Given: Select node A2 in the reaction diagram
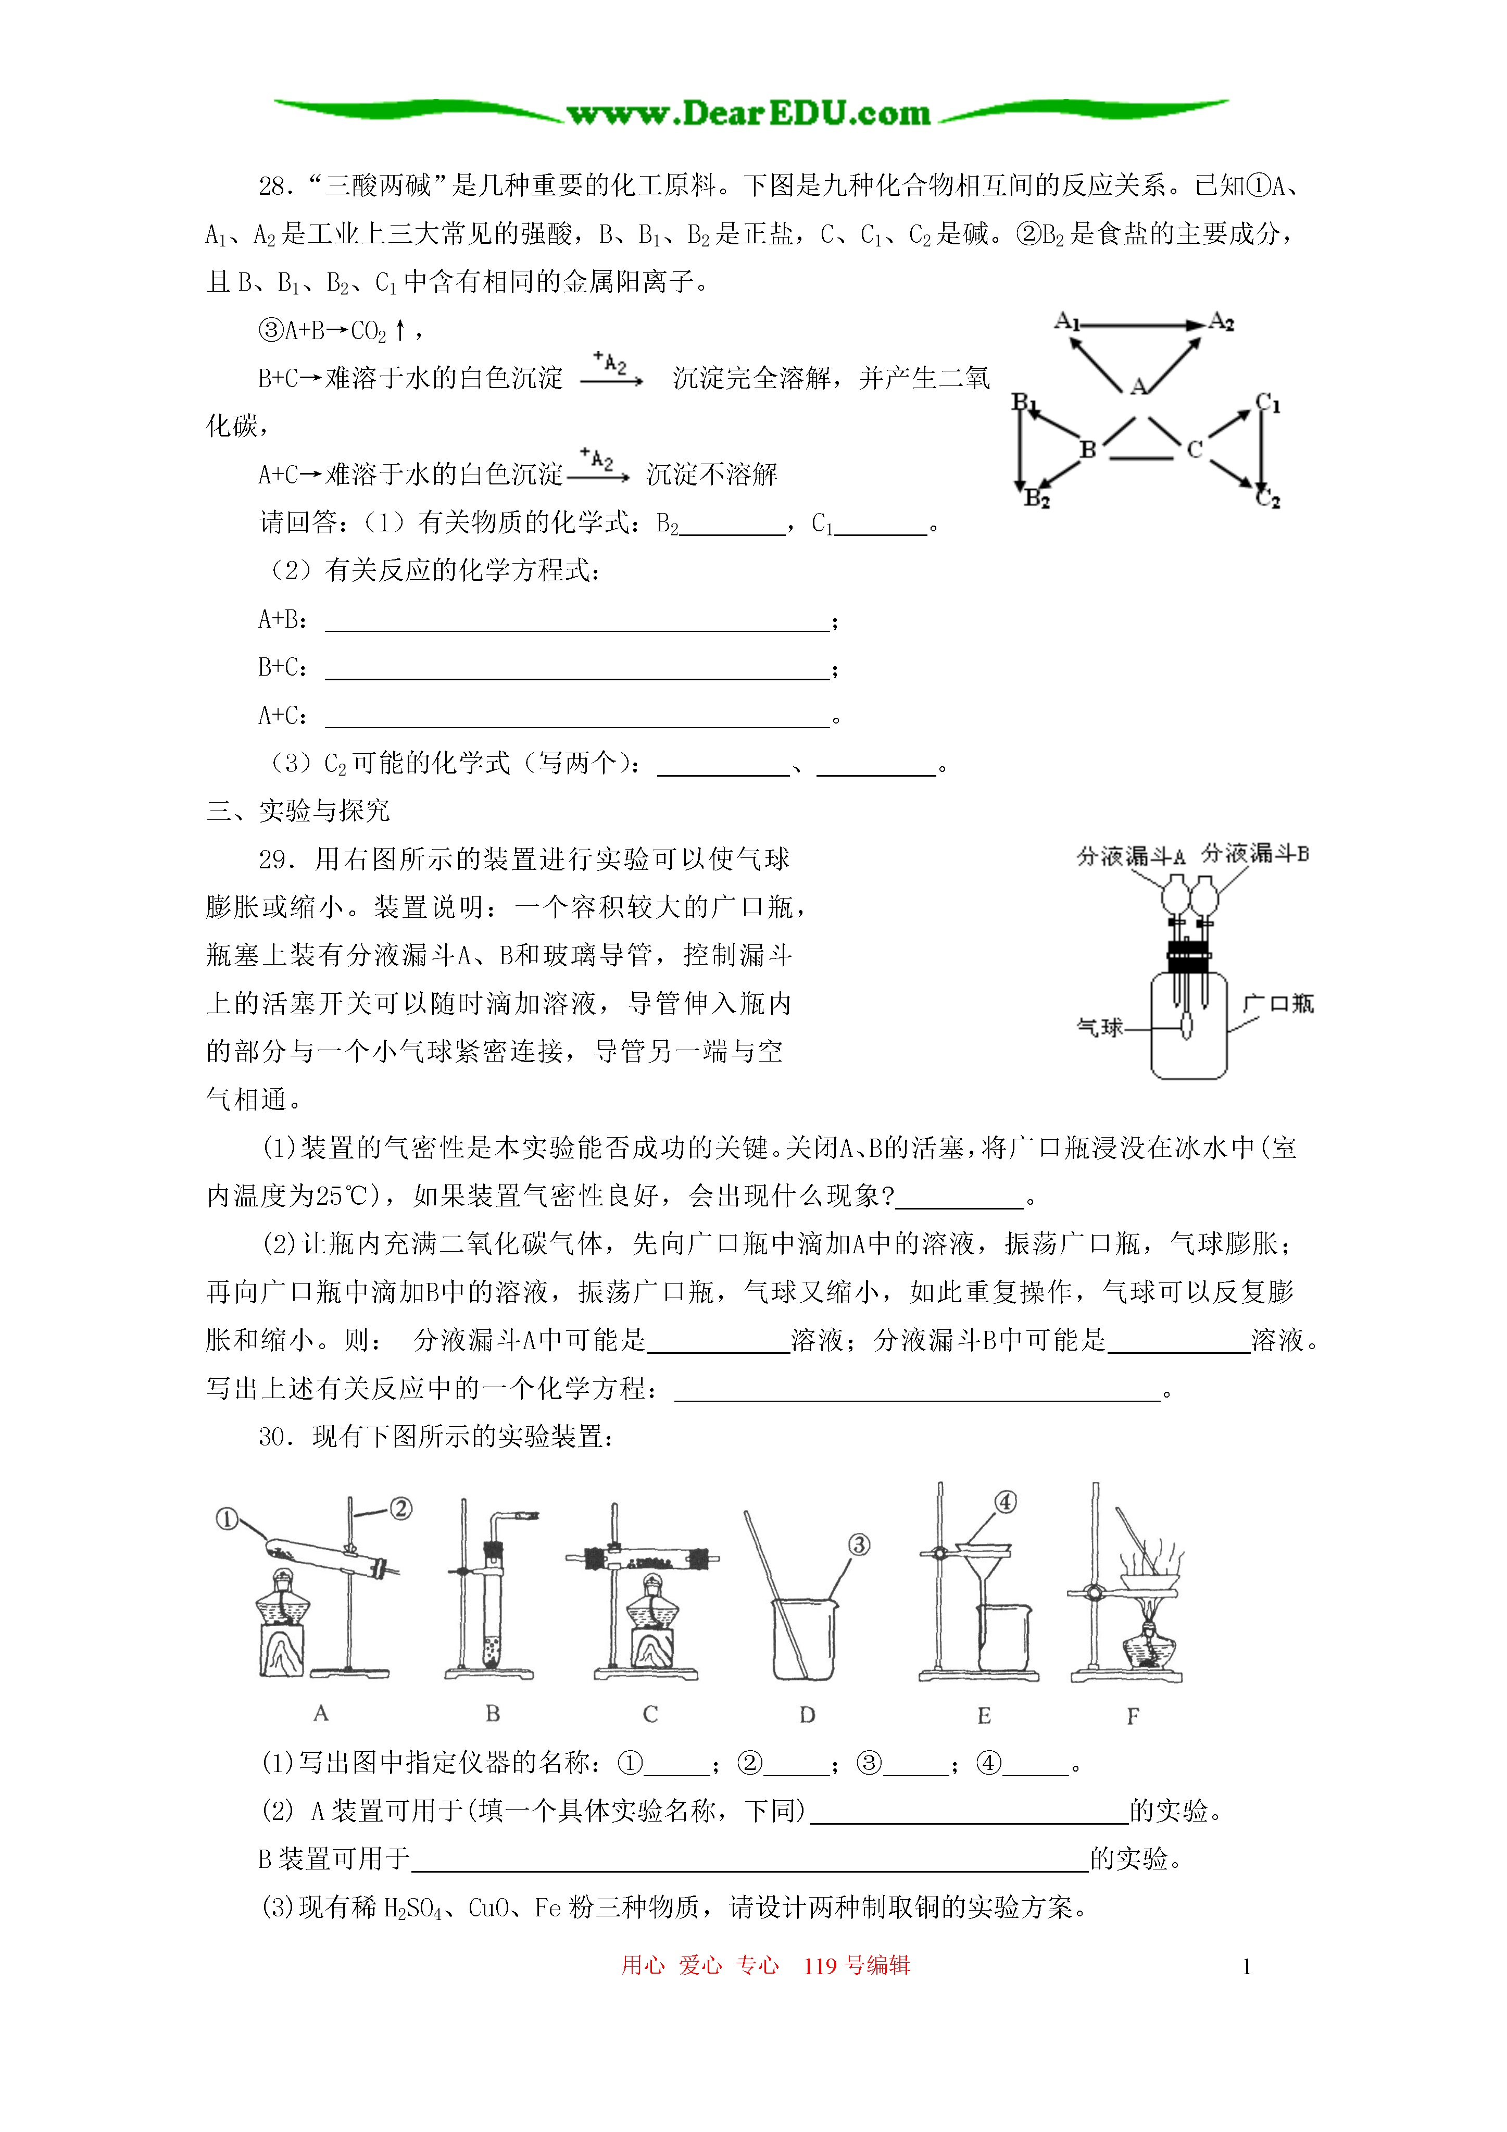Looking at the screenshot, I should pyautogui.click(x=1221, y=322).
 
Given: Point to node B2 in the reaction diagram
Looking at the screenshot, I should pyautogui.click(x=1036, y=498).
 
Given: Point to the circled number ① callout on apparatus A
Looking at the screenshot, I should pyautogui.click(x=227, y=1518).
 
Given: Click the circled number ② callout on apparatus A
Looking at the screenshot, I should pyautogui.click(x=400, y=1508).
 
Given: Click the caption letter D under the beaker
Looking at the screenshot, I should pyautogui.click(x=807, y=1715).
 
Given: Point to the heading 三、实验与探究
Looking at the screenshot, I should pyautogui.click(x=297, y=811).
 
